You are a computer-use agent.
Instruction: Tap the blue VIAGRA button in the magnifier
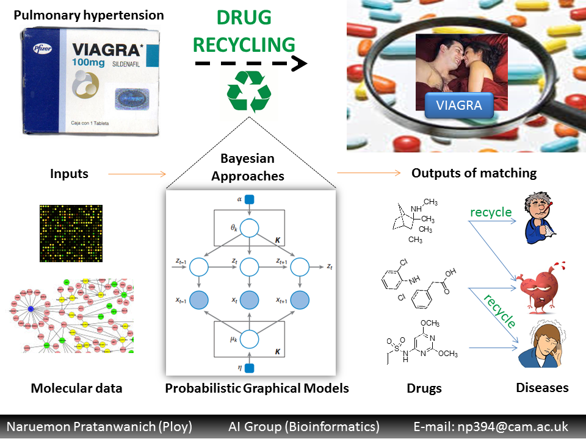tap(458, 105)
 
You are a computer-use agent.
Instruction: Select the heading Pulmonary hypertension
tap(89, 15)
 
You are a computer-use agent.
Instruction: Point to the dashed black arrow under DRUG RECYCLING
tap(250, 63)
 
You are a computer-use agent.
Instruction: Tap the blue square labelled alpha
tap(249, 199)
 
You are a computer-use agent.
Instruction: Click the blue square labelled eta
tap(249, 367)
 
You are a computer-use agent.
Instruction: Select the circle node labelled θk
tap(249, 229)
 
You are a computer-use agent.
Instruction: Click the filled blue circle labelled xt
tap(249, 299)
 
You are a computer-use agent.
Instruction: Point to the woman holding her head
tap(541, 344)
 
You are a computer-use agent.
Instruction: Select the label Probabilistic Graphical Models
tap(257, 388)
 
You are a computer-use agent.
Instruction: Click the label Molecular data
tap(76, 388)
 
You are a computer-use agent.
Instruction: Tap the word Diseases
tap(542, 388)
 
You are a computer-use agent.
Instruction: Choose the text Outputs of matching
tap(474, 173)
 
